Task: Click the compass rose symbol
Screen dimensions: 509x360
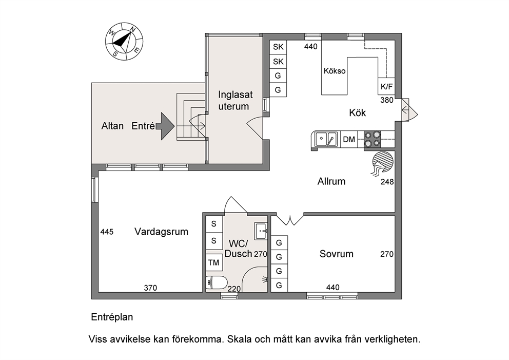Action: tap(124, 41)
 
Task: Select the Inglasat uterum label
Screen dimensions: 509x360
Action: tap(235, 100)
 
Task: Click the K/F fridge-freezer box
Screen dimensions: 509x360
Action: tap(386, 86)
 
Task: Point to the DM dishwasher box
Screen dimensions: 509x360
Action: tap(349, 139)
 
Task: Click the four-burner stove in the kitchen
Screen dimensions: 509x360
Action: tap(372, 139)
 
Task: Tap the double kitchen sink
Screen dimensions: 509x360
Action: tap(326, 139)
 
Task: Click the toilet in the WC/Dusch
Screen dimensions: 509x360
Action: tap(216, 282)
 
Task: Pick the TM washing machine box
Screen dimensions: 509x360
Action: tap(214, 262)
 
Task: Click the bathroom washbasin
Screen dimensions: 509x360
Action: tap(261, 231)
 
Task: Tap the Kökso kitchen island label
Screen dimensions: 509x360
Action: tap(335, 71)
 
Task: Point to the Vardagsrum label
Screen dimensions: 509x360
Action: tap(161, 232)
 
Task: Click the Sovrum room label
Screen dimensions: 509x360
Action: tap(336, 254)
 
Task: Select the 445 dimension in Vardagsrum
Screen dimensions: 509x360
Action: tap(107, 232)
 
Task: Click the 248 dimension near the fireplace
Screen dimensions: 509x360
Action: tap(387, 182)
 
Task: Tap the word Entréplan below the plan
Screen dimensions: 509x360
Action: tap(112, 317)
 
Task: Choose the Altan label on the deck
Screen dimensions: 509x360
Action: tap(112, 126)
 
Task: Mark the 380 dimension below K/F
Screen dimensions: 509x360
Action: tap(387, 100)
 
